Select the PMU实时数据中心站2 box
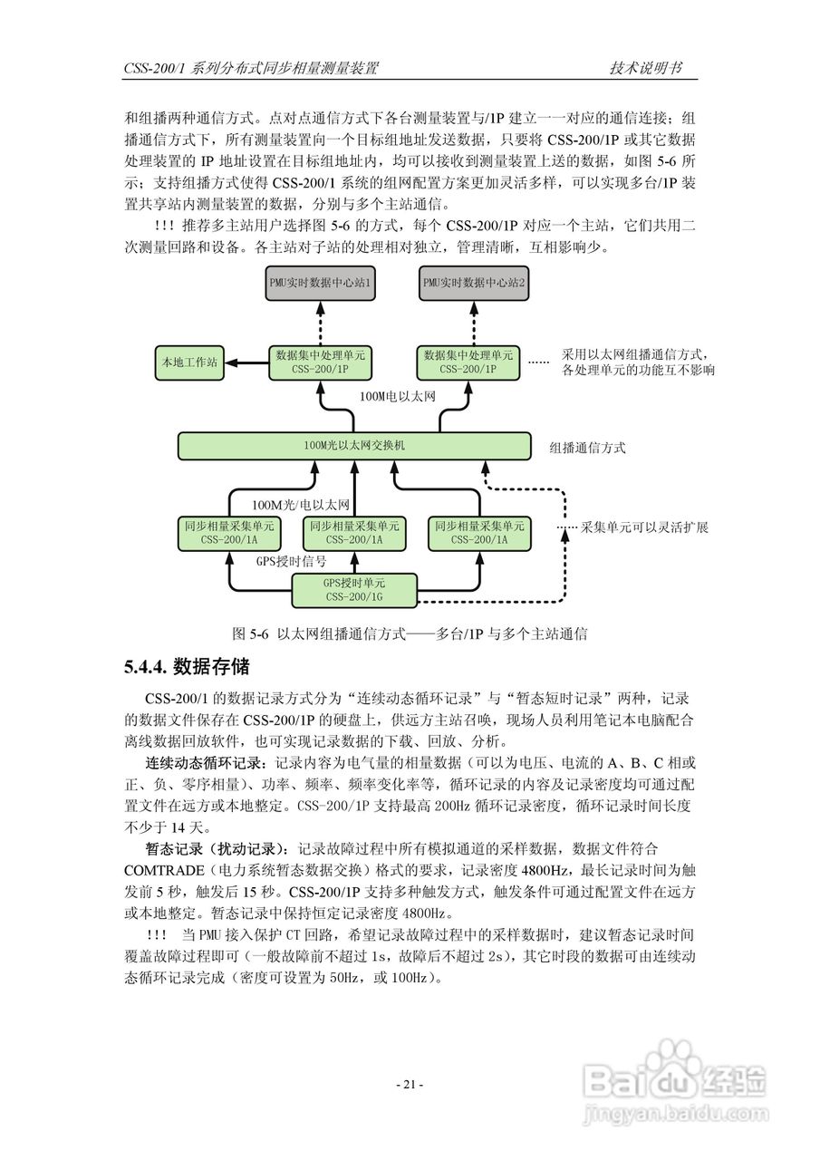pos(473,283)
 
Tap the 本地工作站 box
pos(188,362)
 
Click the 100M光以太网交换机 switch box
pos(354,445)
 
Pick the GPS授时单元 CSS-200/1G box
pos(353,590)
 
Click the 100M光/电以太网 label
pos(300,505)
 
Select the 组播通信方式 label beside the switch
pos(587,448)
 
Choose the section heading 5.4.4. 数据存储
pos(186,668)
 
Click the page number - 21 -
pos(410,1085)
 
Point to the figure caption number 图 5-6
pos(252,634)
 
